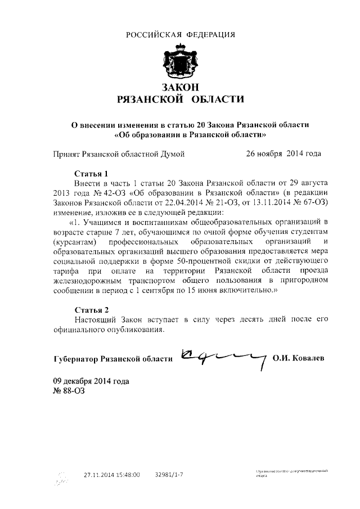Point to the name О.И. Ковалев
pos(298,358)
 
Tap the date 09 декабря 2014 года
pos(91,381)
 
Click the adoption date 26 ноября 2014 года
pos(283,153)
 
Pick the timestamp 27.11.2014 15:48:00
pos(112,475)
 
